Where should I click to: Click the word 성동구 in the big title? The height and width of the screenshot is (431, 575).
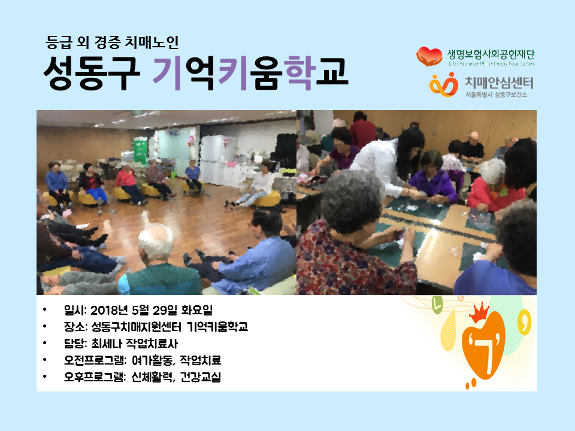(x=92, y=73)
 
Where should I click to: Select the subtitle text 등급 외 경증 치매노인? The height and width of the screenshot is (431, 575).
(x=112, y=42)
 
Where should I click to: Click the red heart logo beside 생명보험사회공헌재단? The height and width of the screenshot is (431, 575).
(x=429, y=56)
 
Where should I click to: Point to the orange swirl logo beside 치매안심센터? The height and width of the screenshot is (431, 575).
(x=444, y=84)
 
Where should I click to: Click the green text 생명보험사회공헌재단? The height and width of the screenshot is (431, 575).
(x=491, y=54)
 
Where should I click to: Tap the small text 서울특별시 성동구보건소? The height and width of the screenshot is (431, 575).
(x=496, y=95)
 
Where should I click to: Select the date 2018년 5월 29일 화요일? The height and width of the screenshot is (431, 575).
(x=152, y=311)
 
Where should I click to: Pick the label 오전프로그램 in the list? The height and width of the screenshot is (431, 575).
(x=93, y=360)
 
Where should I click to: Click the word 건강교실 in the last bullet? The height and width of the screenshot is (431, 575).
(x=201, y=377)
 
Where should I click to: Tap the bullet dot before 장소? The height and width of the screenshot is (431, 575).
(x=45, y=327)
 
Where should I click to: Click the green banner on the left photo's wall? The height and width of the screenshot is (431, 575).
(x=140, y=150)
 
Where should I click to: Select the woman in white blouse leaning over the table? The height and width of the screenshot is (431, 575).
(x=389, y=161)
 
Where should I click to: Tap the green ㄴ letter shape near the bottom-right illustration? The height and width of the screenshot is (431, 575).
(x=437, y=305)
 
